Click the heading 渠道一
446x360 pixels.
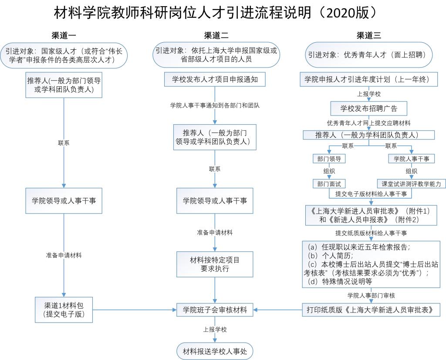[x=64, y=36]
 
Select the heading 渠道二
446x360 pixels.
[x=216, y=36]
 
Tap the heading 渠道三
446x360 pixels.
[x=368, y=36]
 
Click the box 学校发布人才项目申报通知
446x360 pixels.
[x=215, y=79]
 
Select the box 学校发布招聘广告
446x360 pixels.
[x=368, y=109]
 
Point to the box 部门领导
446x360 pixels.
[x=329, y=159]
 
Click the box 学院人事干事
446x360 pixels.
[x=411, y=159]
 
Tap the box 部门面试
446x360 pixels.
[x=329, y=184]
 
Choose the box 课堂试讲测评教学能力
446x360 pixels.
[x=411, y=184]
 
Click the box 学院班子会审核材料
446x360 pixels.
[x=215, y=309]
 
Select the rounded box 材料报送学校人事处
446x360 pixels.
[x=215, y=351]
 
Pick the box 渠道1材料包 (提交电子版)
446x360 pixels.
[x=64, y=309]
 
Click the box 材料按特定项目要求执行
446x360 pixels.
[x=215, y=264]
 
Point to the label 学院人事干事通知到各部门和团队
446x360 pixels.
[x=215, y=105]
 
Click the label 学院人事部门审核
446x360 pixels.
[x=371, y=295]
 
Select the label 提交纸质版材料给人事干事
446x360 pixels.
[x=371, y=233]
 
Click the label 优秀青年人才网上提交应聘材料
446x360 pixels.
[x=368, y=123]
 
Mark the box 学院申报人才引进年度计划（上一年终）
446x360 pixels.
[x=368, y=79]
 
